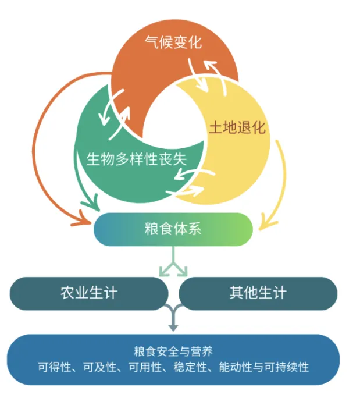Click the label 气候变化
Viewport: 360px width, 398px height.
pyautogui.click(x=173, y=42)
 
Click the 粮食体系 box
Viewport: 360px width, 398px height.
pyautogui.click(x=173, y=229)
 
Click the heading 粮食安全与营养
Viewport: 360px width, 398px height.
pyautogui.click(x=173, y=351)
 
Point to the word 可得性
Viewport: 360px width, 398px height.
pyautogui.click(x=52, y=367)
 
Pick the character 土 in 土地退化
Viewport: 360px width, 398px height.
pyautogui.click(x=216, y=127)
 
